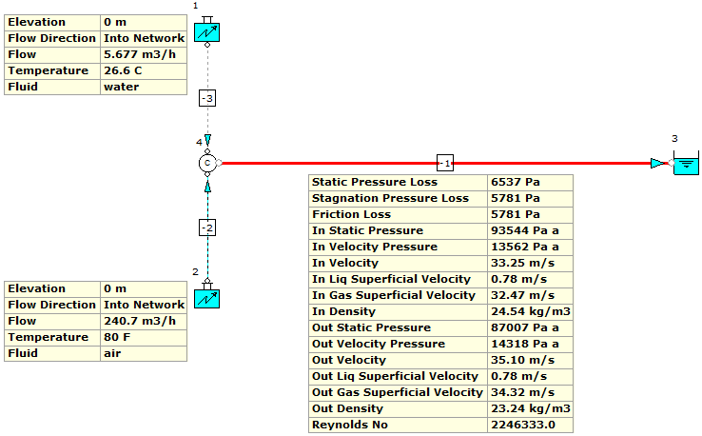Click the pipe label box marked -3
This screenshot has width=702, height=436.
(207, 98)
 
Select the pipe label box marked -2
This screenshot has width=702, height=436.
(207, 227)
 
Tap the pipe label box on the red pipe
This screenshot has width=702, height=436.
(445, 163)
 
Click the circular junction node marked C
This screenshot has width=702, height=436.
(207, 164)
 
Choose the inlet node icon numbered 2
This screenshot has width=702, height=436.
(206, 298)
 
